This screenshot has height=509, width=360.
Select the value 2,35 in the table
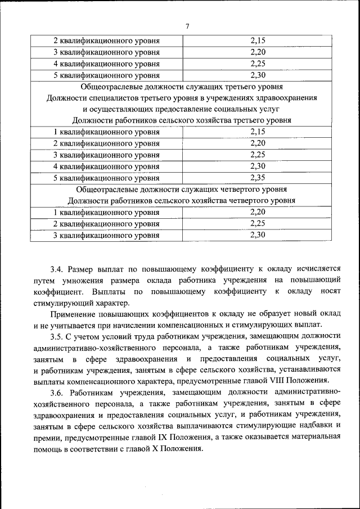(257, 178)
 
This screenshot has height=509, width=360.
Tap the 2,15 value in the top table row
(257, 40)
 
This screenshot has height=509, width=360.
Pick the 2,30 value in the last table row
(257, 235)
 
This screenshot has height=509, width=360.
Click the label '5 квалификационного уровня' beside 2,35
(106, 178)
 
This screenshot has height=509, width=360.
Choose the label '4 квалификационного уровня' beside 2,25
(106, 64)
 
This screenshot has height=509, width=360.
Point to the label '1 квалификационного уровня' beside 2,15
(106, 132)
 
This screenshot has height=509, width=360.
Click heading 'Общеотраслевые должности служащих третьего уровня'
(181, 87)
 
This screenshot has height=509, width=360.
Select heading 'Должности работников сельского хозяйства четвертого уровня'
(181, 201)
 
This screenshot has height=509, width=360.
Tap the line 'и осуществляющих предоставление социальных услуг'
(181, 109)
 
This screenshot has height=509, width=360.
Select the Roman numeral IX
(170, 438)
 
